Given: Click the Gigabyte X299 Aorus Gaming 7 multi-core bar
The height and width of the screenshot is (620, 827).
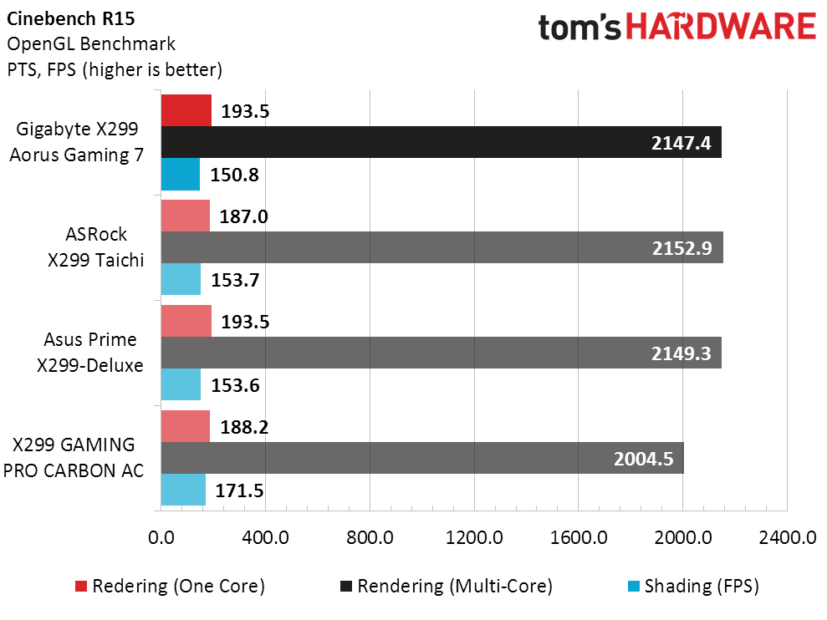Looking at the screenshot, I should pos(441,142).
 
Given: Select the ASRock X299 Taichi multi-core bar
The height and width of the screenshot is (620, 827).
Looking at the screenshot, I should pos(442,247).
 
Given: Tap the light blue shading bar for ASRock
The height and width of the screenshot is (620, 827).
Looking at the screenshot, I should pos(180,279).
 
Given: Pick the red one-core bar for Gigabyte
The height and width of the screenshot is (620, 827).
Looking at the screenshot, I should pos(186,110).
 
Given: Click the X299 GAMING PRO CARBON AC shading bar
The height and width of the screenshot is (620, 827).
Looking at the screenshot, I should pos(182,490).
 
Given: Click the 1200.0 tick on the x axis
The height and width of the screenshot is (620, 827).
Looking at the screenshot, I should pos(474,538).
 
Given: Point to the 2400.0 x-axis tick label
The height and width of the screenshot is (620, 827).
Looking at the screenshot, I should pos(788,538).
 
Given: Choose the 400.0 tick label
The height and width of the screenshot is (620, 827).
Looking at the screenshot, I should pos(265,538).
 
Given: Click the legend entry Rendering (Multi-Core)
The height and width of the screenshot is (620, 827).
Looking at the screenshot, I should pos(455,587).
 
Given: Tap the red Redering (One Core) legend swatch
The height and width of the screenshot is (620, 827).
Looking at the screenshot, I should pos(81,587).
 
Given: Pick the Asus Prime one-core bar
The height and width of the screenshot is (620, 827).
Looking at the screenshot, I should pos(186,321).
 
